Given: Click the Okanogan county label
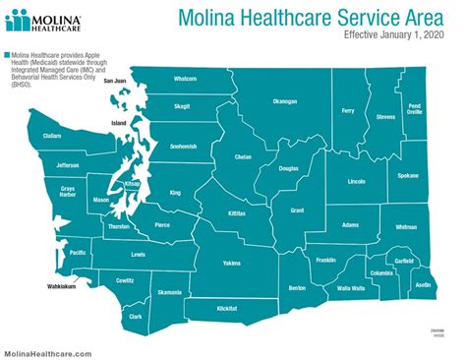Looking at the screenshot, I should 284,101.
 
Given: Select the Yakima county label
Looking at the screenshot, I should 231,264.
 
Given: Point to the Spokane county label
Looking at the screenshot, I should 408,176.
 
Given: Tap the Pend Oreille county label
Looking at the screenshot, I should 414,108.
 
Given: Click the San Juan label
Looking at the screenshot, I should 115,81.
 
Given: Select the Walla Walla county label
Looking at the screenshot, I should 351,288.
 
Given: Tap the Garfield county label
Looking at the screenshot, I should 403,261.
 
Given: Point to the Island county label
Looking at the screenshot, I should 119,123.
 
